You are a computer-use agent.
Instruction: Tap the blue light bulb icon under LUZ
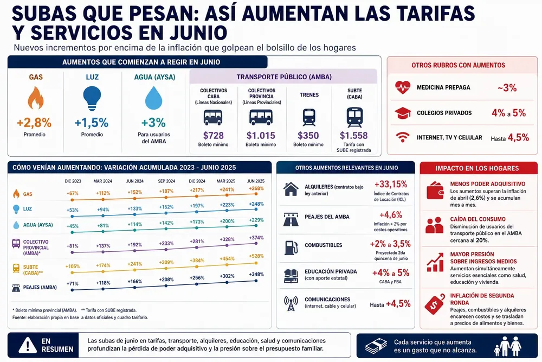point(92,98)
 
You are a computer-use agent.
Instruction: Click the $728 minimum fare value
point(213,135)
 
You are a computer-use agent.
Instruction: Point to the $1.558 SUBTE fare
point(353,135)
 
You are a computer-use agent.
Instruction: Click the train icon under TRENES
point(309,117)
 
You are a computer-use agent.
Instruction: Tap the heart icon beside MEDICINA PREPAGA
point(403,87)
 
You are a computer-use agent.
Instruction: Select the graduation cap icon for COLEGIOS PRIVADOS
point(403,113)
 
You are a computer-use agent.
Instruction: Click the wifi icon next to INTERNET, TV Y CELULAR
point(403,137)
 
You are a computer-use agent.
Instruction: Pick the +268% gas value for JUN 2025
point(256,189)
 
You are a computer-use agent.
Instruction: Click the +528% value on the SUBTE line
point(256,256)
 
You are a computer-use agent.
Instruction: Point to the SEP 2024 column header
point(166,181)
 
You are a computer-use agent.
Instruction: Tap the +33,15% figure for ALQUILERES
point(391,184)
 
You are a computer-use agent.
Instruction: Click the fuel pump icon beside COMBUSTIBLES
point(291,247)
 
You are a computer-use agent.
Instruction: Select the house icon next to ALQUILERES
point(291,189)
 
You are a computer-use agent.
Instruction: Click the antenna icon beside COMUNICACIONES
point(291,303)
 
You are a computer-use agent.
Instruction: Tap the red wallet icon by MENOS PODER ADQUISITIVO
point(435,190)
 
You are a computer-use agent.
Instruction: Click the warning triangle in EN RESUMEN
point(28,345)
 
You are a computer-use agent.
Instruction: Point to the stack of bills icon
point(377,346)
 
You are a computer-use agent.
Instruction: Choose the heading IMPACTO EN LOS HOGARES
point(477,168)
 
